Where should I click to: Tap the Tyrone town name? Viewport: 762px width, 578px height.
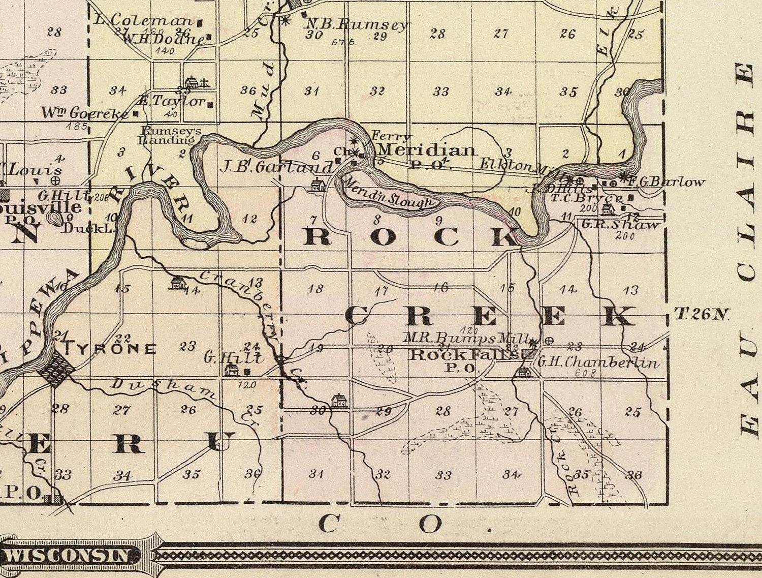[x=109, y=349]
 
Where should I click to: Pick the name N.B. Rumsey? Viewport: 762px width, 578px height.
[x=356, y=24]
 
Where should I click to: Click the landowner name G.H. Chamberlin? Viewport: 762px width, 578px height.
[x=598, y=362]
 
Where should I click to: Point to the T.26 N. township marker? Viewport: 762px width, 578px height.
[x=702, y=315]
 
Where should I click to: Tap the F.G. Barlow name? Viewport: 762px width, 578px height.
[x=666, y=181]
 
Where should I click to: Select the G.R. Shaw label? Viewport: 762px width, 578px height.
[x=620, y=224]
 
